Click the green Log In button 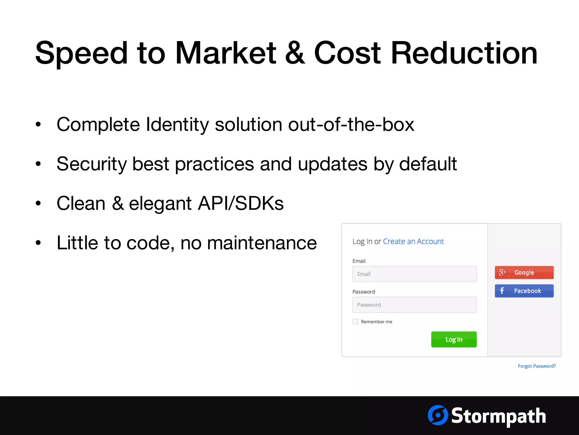454,339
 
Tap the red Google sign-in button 524,272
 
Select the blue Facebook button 524,291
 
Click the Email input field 414,274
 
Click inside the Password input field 414,305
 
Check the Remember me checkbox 355,321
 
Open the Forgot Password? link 537,366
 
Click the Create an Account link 413,241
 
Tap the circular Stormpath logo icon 438,415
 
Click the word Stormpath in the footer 498,416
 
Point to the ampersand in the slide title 295,53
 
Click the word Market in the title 226,53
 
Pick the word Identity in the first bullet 177,125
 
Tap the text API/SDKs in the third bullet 241,203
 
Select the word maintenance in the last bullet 262,243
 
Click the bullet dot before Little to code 38,243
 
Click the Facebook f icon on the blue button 502,291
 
